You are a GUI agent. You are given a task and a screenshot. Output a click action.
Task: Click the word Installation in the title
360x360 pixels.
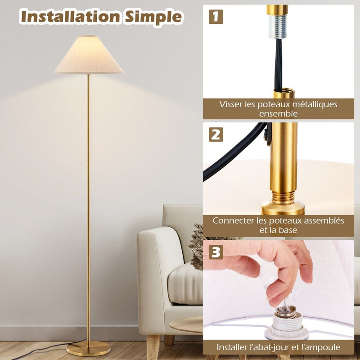70,17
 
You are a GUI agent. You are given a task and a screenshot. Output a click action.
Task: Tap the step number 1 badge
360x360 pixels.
216,17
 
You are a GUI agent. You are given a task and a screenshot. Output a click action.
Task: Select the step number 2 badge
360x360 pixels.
216,134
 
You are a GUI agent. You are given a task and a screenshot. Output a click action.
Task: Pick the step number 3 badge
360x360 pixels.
216,252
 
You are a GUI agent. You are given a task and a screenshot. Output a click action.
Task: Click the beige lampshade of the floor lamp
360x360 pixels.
89,55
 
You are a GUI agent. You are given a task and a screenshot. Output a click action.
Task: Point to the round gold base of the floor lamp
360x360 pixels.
88,347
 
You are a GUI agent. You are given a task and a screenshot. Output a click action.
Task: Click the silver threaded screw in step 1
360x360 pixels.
277,27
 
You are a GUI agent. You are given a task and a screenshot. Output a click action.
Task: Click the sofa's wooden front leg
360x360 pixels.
153,346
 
